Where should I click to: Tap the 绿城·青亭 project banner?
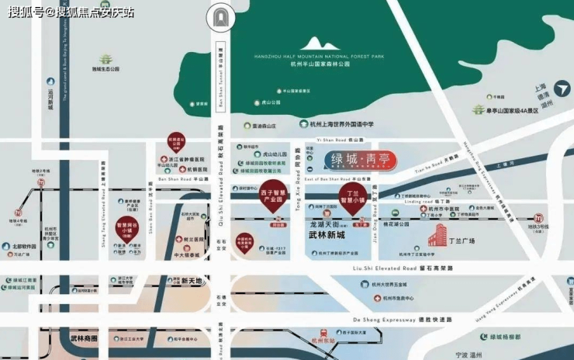pos(362,161)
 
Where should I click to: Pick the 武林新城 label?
pos(327,234)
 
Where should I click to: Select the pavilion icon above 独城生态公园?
pos(106,59)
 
